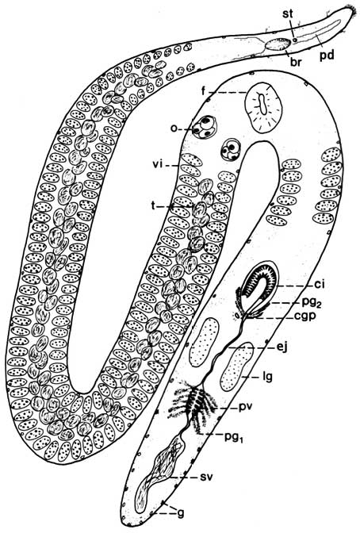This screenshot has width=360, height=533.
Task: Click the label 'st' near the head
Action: (x=288, y=13)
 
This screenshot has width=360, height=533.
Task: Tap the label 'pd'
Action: (x=327, y=55)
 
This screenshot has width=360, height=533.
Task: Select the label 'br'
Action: (x=296, y=62)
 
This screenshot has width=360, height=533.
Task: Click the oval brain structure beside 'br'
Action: (x=278, y=44)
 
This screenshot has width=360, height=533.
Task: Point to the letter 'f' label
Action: (x=204, y=91)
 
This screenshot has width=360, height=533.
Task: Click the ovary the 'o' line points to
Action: (x=205, y=127)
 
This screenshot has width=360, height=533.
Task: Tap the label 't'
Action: (x=154, y=206)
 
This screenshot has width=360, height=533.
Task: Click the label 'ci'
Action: (x=320, y=285)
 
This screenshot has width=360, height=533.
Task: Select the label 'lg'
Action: (x=267, y=377)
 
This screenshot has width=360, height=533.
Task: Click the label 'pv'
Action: (x=247, y=407)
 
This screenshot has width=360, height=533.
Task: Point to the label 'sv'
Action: (x=206, y=477)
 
